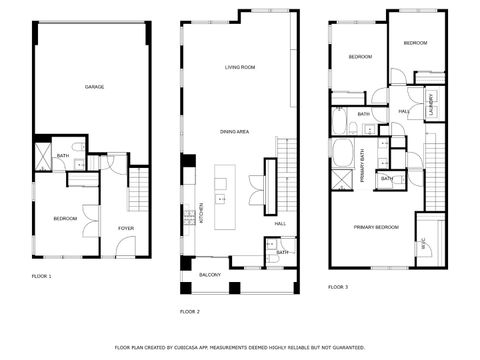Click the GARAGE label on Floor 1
tap(94, 87)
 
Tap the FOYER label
tap(126, 228)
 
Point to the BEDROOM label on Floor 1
tap(66, 218)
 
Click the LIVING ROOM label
tap(240, 67)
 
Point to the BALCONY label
tap(210, 274)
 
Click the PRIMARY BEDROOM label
tap(376, 227)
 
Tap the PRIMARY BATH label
tap(362, 160)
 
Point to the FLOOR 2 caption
tap(190, 312)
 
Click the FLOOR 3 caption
tap(338, 287)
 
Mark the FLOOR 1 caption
tap(41, 275)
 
